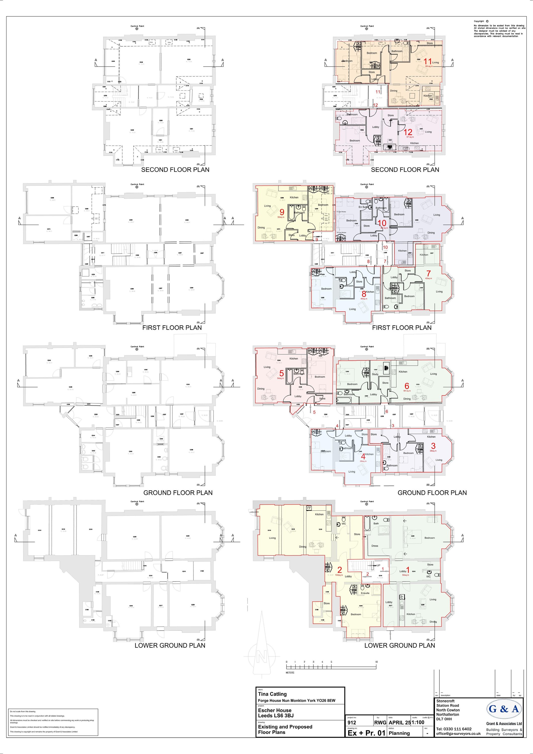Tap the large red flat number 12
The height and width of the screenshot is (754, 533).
click(408, 132)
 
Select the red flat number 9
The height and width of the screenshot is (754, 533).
click(282, 212)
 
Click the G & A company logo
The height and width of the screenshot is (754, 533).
click(504, 709)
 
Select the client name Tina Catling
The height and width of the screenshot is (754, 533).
click(272, 694)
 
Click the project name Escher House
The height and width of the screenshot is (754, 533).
click(275, 710)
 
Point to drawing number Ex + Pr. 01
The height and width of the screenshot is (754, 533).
click(366, 733)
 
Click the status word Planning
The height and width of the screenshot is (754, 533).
click(399, 733)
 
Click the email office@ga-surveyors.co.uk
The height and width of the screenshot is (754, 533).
click(458, 734)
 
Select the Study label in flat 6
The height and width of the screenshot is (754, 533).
click(375, 374)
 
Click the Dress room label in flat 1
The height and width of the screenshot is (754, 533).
click(375, 546)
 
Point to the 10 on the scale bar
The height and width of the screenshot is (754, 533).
click(376, 662)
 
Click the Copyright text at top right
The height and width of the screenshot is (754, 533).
click(479, 21)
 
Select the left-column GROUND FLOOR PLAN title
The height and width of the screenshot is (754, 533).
click(178, 493)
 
